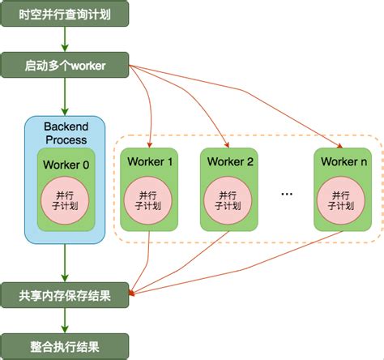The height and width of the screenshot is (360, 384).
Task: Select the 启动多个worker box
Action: [x=64, y=65]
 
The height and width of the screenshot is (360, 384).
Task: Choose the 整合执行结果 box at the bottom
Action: [x=64, y=346]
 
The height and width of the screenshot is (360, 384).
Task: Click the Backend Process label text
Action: [x=66, y=133]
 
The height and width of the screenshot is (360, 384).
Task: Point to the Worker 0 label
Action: [x=66, y=166]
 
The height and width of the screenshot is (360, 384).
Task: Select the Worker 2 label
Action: [x=230, y=161]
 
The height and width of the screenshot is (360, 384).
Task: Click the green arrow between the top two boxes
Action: [x=64, y=41]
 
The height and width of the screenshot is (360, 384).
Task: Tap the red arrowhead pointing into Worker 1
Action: [x=151, y=144]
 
